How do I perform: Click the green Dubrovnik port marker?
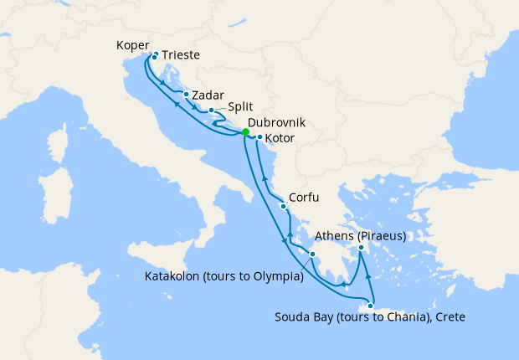(x=245, y=132)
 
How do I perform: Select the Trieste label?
(x=181, y=55)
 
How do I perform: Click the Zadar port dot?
(x=186, y=95)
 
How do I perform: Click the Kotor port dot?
(x=259, y=137)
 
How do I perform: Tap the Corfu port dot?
(x=284, y=206)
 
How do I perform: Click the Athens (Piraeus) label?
(x=360, y=236)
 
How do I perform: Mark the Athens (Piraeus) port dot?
(x=362, y=248)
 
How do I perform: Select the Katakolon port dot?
(x=312, y=255)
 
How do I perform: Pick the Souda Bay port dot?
(x=370, y=306)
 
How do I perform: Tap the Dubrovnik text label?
(x=277, y=121)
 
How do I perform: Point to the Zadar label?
(x=208, y=95)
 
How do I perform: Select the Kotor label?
(x=280, y=137)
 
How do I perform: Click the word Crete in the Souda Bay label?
(x=449, y=317)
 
